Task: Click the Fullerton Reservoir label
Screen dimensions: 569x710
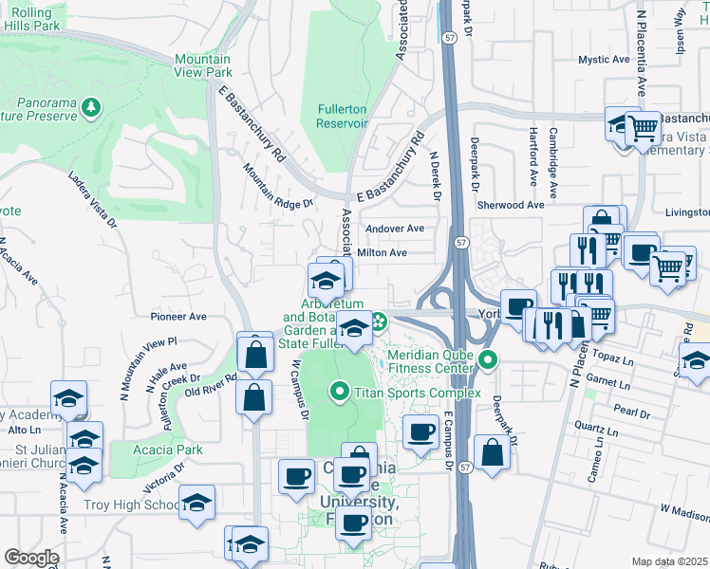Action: pyautogui.click(x=341, y=116)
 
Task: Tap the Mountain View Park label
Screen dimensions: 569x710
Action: pyautogui.click(x=203, y=65)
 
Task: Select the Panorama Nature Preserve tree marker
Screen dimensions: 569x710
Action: pyautogui.click(x=91, y=107)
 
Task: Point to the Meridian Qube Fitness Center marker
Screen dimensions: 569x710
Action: pyautogui.click(x=488, y=360)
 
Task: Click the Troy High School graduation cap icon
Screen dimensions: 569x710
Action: pyautogui.click(x=196, y=502)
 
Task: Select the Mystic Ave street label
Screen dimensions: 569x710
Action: pyautogui.click(x=605, y=60)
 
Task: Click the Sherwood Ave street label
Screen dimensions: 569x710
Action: pyautogui.click(x=511, y=205)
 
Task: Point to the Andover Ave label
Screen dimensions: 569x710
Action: pyautogui.click(x=395, y=229)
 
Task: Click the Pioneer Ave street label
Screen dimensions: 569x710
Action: pyautogui.click(x=178, y=316)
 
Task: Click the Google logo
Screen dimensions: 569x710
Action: pyautogui.click(x=31, y=558)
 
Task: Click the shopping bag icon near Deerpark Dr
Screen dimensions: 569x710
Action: pyautogui.click(x=492, y=452)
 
